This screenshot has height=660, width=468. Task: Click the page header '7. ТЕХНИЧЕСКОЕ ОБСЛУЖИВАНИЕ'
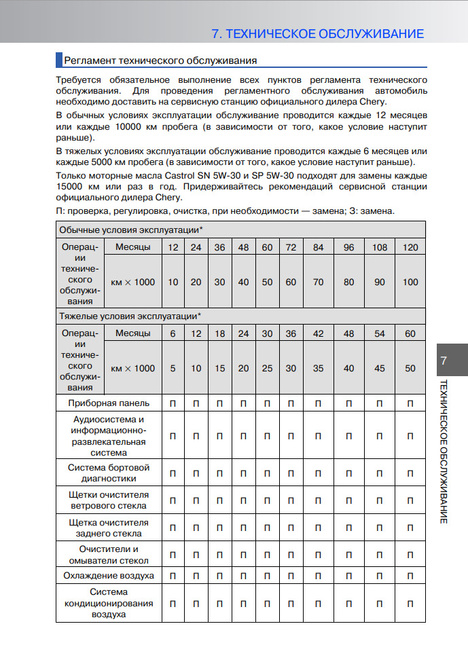[318, 34]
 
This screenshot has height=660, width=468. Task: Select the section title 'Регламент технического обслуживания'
[160, 60]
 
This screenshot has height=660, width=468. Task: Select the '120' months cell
[410, 247]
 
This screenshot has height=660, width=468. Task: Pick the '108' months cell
[380, 247]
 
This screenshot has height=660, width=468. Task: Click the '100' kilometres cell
[410, 282]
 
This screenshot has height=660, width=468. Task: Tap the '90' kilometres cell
[380, 282]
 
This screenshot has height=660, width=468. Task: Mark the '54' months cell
[380, 333]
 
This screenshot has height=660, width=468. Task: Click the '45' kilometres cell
[380, 368]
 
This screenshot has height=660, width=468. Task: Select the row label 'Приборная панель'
[109, 403]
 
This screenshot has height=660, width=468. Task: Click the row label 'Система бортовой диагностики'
[109, 473]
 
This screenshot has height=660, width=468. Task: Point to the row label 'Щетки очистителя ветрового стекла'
[109, 500]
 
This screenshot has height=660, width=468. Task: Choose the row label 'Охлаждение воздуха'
[109, 576]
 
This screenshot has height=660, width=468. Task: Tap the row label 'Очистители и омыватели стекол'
[109, 555]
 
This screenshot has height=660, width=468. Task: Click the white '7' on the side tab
[443, 361]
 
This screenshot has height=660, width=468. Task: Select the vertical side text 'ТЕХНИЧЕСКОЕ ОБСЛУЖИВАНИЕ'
[443, 451]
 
